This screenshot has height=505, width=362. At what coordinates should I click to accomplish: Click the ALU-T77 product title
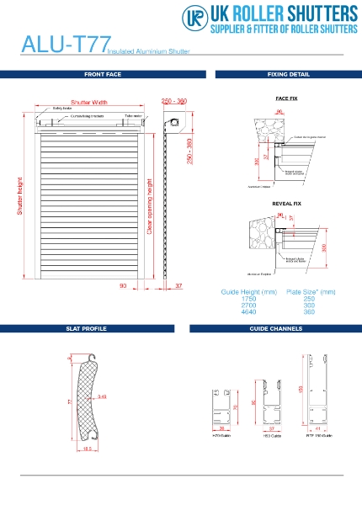coord(63,44)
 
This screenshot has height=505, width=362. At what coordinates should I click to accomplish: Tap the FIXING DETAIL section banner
coord(288,75)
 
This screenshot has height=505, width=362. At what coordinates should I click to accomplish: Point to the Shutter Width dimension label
coord(88,101)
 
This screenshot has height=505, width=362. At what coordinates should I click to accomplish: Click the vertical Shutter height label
coord(21,196)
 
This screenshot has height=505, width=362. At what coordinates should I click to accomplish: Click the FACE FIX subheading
coord(286,98)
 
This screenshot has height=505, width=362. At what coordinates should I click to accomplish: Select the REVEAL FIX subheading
coord(286,204)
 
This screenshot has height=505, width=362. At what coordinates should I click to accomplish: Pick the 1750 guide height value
coord(248,299)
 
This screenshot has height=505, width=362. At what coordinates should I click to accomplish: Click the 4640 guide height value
coord(248,311)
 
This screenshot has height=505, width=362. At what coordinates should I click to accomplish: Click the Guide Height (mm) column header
coord(248,292)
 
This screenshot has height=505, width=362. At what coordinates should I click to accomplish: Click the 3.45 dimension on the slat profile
coord(101,396)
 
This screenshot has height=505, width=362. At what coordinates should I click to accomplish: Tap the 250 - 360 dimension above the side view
coord(173,101)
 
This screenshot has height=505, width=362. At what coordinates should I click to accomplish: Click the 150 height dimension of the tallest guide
coord(301,388)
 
